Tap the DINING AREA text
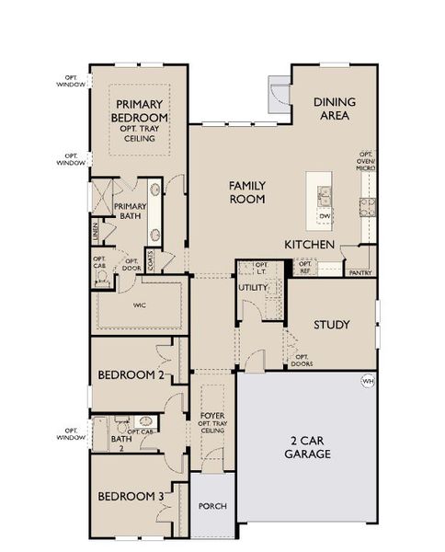coord(334,108)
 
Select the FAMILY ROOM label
coord(247,191)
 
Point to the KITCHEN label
coord(308,245)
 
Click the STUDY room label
coord(330,325)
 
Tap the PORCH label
coord(212,507)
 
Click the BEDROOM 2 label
coord(130,375)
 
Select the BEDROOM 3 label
coord(131,497)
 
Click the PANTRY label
coord(359,273)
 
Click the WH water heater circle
coord(368,381)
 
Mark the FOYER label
coord(212,416)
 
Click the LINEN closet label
coord(96,231)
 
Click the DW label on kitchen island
coord(324,216)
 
